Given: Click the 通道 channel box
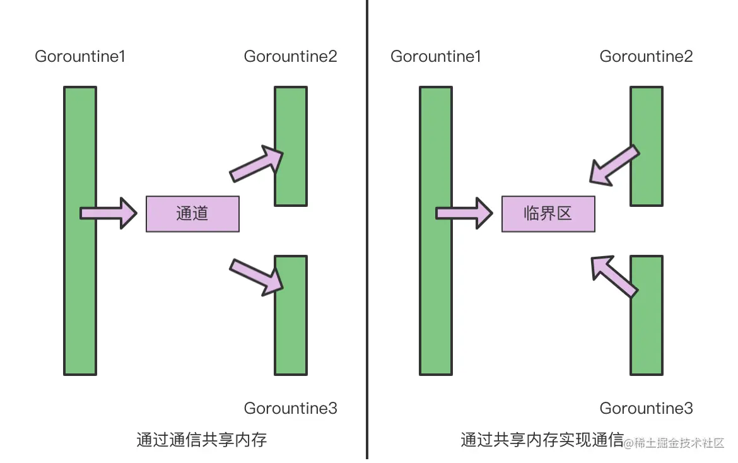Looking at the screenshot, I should [x=192, y=214].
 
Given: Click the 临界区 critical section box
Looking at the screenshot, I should [x=548, y=214].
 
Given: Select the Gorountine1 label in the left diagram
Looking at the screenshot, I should [x=80, y=57].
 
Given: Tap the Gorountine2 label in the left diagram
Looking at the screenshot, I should [x=290, y=57].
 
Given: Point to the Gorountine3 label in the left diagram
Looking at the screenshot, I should [x=290, y=408].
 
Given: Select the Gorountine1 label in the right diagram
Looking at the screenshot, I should [x=436, y=57].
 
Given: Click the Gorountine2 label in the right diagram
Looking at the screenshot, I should [x=646, y=57].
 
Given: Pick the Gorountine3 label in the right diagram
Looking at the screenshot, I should [x=646, y=408].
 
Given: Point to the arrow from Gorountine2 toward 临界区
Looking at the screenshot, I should [x=613, y=165].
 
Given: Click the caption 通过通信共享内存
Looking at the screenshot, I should [x=202, y=440].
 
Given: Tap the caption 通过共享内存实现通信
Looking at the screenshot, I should [x=541, y=440].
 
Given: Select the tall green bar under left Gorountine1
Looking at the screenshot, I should [x=80, y=230].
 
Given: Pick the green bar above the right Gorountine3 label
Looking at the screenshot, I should [x=647, y=315].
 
